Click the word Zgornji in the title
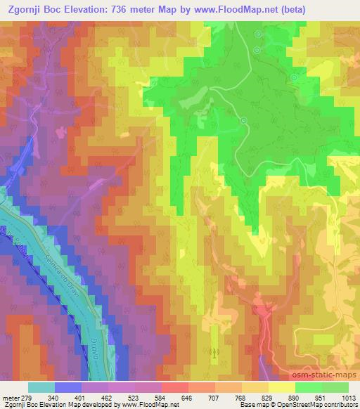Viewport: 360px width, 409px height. tap(25, 9)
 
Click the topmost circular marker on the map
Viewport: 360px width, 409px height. tap(258, 34)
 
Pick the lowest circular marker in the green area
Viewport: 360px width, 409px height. tap(244, 120)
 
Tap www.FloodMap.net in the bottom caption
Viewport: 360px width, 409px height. tap(149, 404)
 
